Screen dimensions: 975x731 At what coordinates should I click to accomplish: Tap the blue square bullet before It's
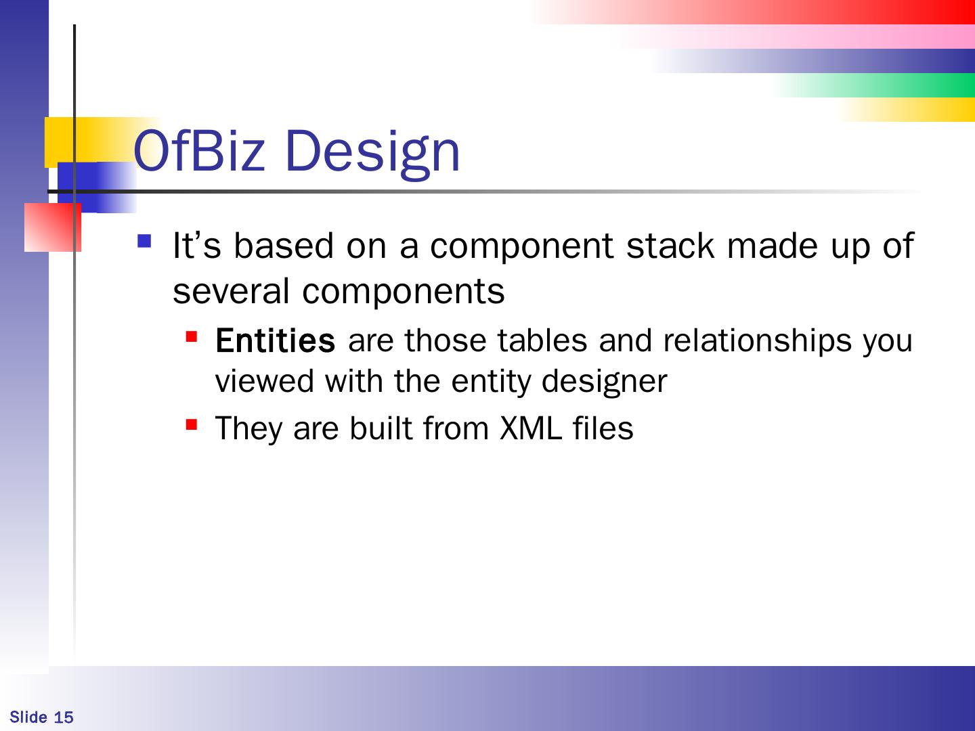pyautogui.click(x=144, y=241)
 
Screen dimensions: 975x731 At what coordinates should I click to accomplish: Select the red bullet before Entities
pyautogui.click(x=192, y=336)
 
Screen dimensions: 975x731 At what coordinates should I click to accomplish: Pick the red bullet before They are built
pyautogui.click(x=192, y=425)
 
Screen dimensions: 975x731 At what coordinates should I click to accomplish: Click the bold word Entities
pyautogui.click(x=275, y=340)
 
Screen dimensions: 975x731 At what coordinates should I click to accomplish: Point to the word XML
pyautogui.click(x=530, y=428)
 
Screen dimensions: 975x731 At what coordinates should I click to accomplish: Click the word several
pyautogui.click(x=231, y=292)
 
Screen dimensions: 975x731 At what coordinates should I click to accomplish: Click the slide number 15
pyautogui.click(x=64, y=717)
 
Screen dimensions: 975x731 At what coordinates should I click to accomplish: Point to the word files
pyautogui.click(x=603, y=428)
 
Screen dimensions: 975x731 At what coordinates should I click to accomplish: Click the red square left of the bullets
pyautogui.click(x=53, y=227)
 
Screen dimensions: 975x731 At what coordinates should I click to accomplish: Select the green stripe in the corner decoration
pyautogui.click(x=874, y=85)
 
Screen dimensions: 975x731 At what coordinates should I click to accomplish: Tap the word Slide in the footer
pyautogui.click(x=28, y=717)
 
